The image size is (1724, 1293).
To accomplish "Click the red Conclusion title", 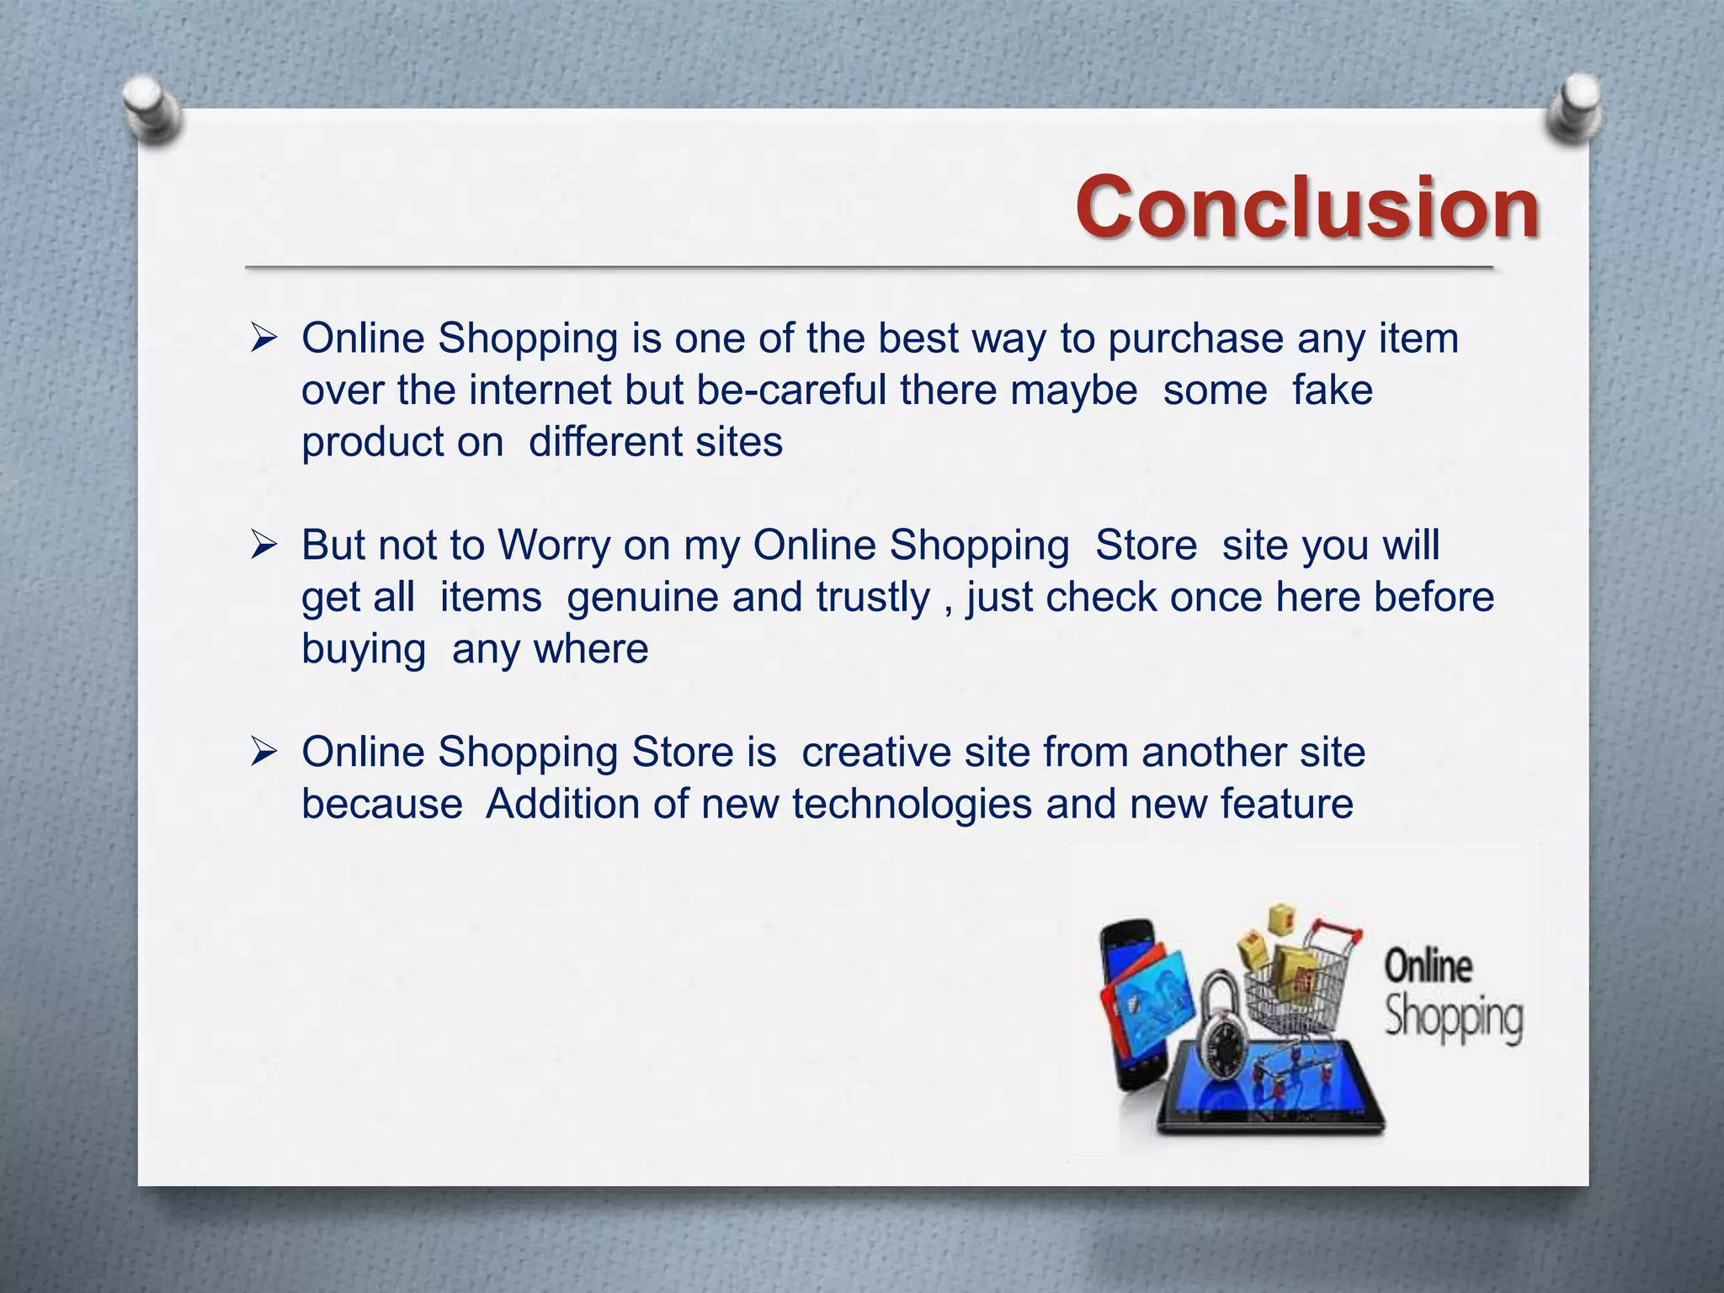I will [1306, 207].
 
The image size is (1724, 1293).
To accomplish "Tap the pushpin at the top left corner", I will [152, 109].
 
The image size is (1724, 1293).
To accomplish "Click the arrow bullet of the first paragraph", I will [263, 339].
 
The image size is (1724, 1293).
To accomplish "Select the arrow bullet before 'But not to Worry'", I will [263, 546].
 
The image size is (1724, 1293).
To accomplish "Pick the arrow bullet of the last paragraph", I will [263, 753].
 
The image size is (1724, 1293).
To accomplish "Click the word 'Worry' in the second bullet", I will [554, 545].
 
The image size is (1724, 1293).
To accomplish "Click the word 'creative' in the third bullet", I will [875, 753].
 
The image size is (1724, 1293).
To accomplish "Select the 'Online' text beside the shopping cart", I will [1428, 966].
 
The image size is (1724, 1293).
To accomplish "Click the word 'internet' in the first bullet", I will [540, 391].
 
